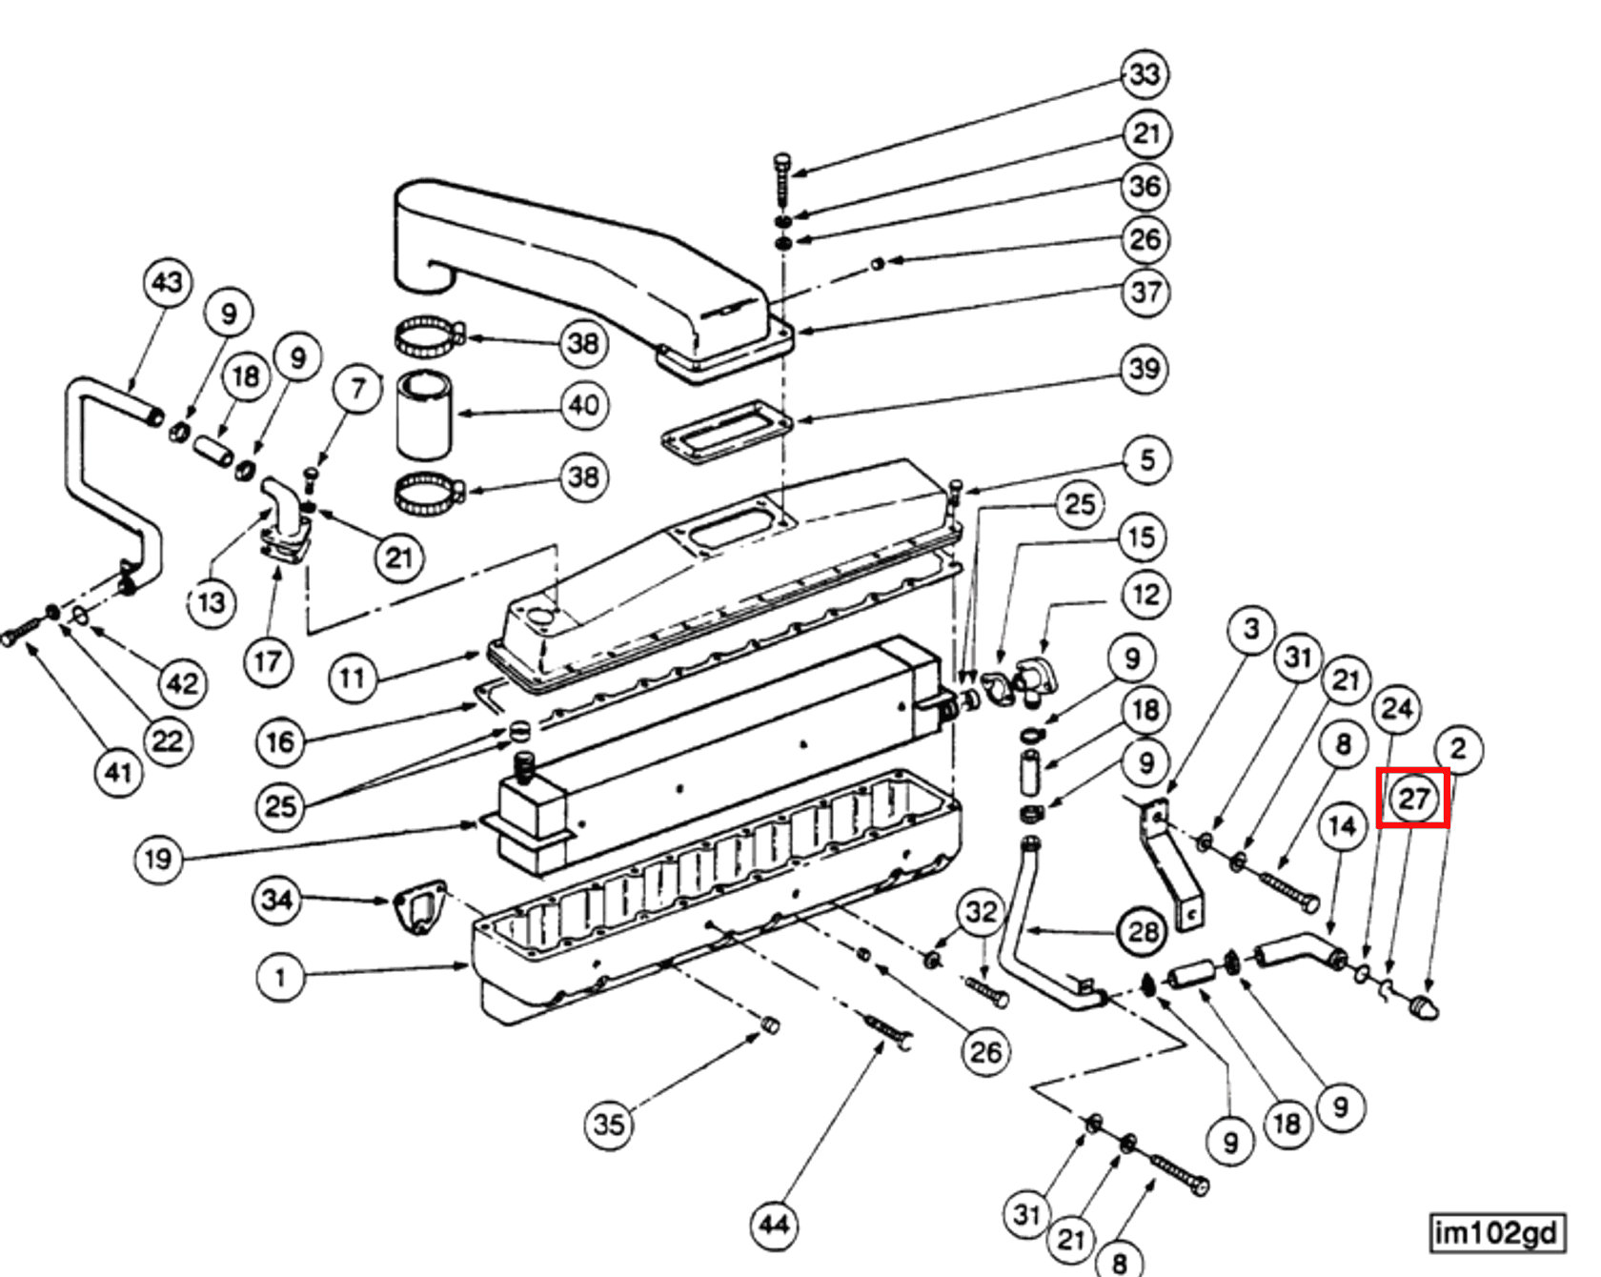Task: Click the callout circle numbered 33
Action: point(1145,74)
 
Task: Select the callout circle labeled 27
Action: point(1413,799)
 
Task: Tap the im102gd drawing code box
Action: point(1496,1232)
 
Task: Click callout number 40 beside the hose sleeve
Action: point(583,406)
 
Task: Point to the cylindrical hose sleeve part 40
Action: point(424,416)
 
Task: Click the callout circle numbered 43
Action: point(168,283)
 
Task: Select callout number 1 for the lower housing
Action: point(280,977)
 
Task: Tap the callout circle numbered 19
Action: point(157,860)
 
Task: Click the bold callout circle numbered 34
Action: point(276,899)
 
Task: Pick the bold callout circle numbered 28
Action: point(1143,931)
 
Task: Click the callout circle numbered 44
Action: point(774,1224)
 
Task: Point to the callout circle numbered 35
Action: point(609,1124)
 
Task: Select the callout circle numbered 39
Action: point(1145,368)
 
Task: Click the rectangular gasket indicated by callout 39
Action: point(727,432)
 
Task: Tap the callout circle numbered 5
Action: point(1146,460)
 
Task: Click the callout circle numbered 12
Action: point(1145,596)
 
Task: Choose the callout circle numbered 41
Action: point(118,772)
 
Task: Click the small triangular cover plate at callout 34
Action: point(420,906)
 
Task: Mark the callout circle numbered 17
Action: point(268,661)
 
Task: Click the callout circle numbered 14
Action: point(1342,826)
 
